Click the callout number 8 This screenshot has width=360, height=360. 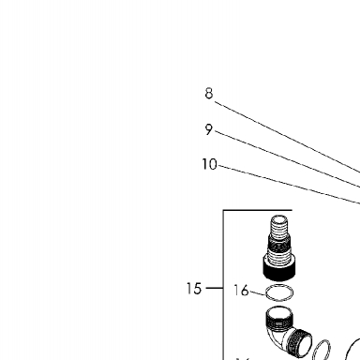(x=209, y=93)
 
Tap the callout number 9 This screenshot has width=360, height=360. (x=209, y=129)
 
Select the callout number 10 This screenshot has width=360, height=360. (x=209, y=164)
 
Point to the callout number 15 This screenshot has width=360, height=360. (x=194, y=289)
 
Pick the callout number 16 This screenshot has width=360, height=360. (x=241, y=291)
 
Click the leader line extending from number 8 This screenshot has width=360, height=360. (x=288, y=138)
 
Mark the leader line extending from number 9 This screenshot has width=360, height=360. (x=288, y=159)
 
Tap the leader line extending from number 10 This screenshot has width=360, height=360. (x=290, y=185)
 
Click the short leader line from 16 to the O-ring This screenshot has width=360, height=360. (x=257, y=293)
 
